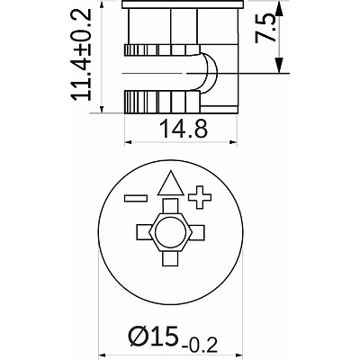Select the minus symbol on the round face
137,196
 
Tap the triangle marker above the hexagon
168,186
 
